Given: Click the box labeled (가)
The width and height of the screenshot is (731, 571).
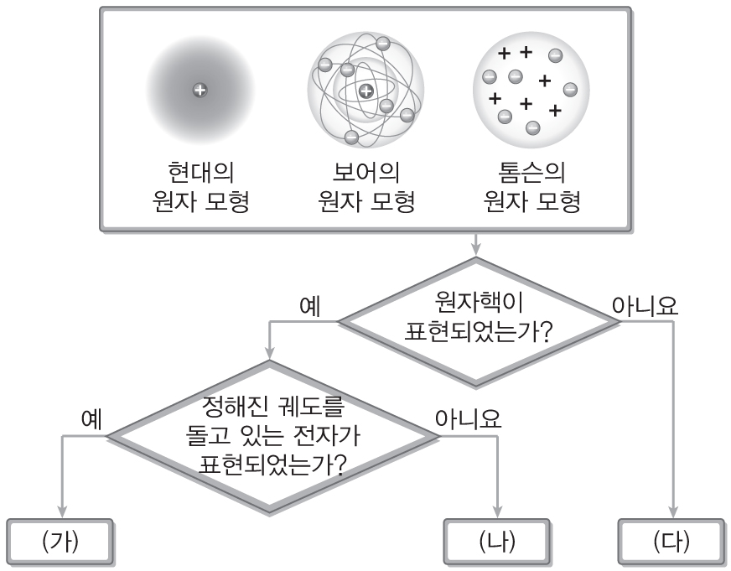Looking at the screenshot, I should click(x=60, y=541).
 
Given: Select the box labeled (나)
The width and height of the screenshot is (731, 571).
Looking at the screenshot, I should click(x=498, y=541).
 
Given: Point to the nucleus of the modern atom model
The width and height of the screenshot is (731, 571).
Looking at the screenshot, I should click(x=199, y=90).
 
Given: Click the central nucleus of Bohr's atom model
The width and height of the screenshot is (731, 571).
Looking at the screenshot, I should click(x=365, y=91).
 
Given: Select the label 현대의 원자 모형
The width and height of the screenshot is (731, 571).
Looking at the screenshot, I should click(x=199, y=188).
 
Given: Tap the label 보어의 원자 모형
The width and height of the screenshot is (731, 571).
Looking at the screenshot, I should click(x=365, y=188).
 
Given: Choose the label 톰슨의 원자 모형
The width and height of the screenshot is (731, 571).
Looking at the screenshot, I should click(x=531, y=188).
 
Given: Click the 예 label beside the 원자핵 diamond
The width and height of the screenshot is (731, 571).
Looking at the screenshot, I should click(x=312, y=307).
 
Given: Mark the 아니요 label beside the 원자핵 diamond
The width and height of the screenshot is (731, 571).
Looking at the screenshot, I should click(x=645, y=306).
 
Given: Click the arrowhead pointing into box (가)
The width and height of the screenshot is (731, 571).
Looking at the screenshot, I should click(x=60, y=512).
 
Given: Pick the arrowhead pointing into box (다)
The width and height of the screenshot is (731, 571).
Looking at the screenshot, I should click(x=672, y=512).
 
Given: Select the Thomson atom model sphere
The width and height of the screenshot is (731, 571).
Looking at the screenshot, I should click(x=531, y=91).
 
